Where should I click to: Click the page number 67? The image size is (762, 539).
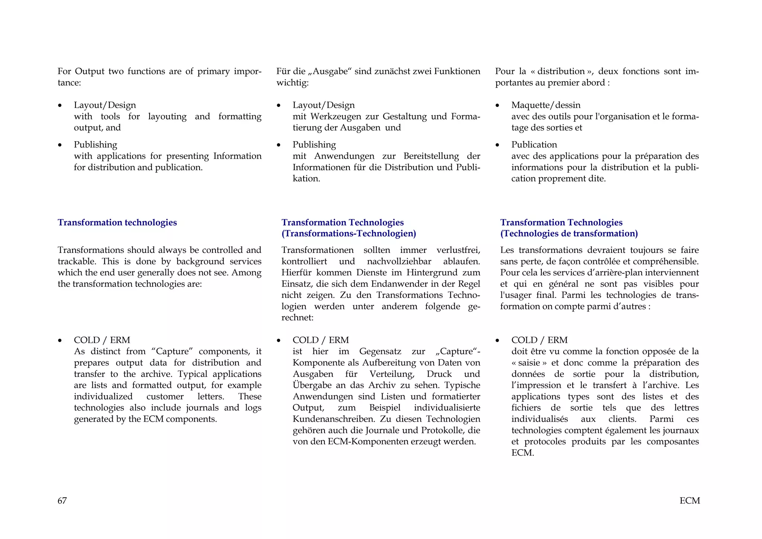tap(62, 501)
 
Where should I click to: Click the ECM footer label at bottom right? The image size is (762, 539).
tap(689, 501)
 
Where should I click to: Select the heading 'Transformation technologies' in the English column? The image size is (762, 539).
tap(117, 222)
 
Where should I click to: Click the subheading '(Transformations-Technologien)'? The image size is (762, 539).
tap(349, 234)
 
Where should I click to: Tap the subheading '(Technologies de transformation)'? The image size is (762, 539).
tap(569, 234)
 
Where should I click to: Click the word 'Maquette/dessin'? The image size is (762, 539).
tap(545, 105)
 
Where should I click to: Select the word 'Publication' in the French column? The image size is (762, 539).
tap(534, 145)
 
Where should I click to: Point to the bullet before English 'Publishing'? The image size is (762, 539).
tap(60, 145)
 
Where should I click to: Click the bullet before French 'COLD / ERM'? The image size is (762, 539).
tap(497, 341)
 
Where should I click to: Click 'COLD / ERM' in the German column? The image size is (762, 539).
tap(320, 340)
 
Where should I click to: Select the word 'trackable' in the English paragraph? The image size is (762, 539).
tap(77, 261)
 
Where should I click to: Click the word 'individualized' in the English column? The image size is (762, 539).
tap(103, 396)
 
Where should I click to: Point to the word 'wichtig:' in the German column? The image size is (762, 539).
tap(292, 83)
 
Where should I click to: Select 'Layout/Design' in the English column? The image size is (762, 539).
tap(105, 105)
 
